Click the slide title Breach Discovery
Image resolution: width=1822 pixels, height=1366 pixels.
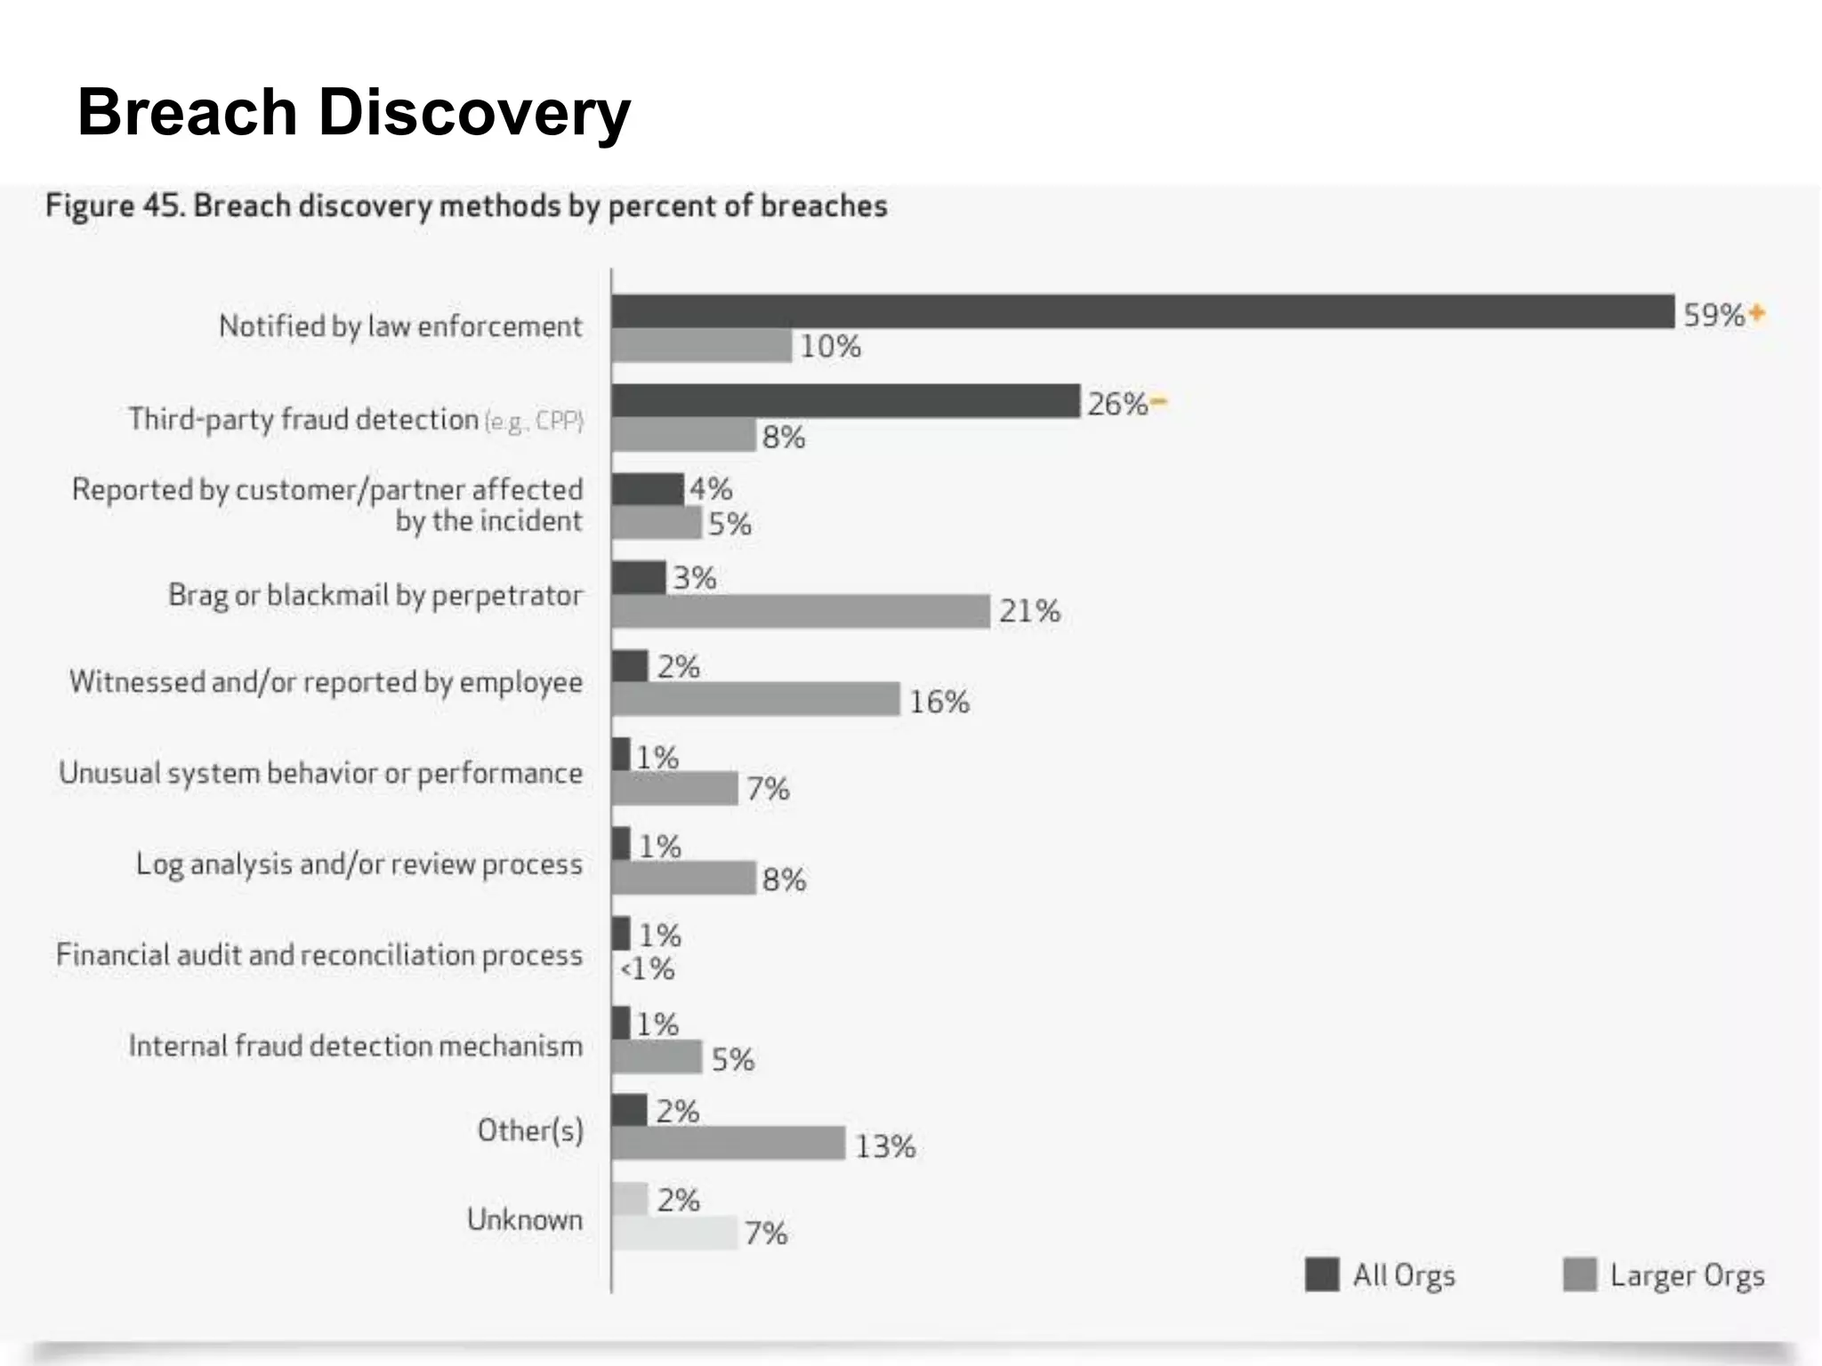click(353, 113)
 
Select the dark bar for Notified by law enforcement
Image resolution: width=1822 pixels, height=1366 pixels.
click(1142, 312)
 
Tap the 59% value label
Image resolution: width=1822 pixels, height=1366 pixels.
click(1713, 315)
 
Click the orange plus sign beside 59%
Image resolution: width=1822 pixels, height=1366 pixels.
click(1756, 313)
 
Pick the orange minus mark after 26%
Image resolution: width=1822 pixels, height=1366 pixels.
click(1157, 402)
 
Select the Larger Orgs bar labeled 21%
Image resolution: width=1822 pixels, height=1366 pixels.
click(801, 612)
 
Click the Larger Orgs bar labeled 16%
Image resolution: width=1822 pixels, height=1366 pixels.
click(755, 700)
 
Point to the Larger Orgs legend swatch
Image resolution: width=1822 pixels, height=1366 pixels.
click(1580, 1274)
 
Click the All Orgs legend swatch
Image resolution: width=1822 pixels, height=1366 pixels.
click(1322, 1274)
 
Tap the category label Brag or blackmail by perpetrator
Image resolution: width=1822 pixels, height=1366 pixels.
click(375, 595)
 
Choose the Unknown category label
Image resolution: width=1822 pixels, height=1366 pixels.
click(525, 1219)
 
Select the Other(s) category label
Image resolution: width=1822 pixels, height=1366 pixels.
click(530, 1130)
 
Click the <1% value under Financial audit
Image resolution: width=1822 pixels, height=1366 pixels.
click(648, 968)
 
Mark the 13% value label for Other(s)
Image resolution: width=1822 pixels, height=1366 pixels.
click(885, 1146)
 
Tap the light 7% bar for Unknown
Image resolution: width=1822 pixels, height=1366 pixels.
click(674, 1233)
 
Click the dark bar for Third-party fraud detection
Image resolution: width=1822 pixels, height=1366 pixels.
click(845, 401)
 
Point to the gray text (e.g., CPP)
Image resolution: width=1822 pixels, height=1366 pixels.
click(534, 421)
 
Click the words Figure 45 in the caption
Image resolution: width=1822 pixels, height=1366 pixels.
click(115, 205)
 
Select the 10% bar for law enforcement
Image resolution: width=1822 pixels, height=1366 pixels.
click(701, 346)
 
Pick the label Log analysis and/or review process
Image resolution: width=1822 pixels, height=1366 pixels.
click(359, 864)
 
